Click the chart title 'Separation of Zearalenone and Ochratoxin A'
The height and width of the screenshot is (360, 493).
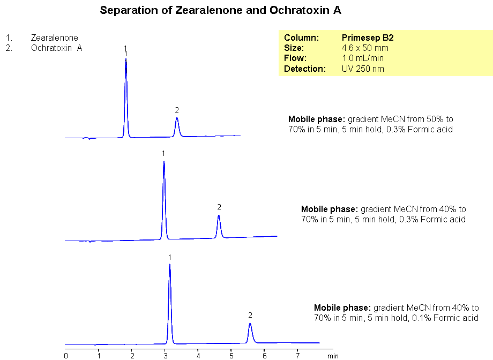(x=220, y=11)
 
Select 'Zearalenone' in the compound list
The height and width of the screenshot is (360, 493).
(x=54, y=38)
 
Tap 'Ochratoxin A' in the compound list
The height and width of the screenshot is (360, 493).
(x=56, y=48)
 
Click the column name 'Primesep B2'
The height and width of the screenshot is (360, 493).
(x=368, y=38)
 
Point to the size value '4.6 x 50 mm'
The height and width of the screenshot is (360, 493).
(x=365, y=48)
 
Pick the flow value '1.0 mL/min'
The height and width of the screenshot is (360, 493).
(x=363, y=58)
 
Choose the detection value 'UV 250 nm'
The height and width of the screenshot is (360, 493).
(x=363, y=69)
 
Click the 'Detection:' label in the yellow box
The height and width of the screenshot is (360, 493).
(x=305, y=69)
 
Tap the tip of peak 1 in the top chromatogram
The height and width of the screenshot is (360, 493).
(x=126, y=60)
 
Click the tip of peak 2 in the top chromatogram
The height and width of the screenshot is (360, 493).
(x=177, y=118)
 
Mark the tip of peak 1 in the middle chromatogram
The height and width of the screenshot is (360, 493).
(x=163, y=162)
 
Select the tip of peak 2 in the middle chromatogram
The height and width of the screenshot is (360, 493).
(x=219, y=215)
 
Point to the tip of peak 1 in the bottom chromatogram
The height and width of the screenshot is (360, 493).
(x=169, y=265)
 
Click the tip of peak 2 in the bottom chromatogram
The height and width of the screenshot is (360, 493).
(x=250, y=324)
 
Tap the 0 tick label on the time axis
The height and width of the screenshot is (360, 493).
(x=66, y=355)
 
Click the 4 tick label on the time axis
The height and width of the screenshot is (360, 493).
(x=198, y=355)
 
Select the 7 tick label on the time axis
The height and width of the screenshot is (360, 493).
(x=297, y=355)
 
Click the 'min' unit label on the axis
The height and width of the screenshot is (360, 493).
(x=333, y=355)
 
